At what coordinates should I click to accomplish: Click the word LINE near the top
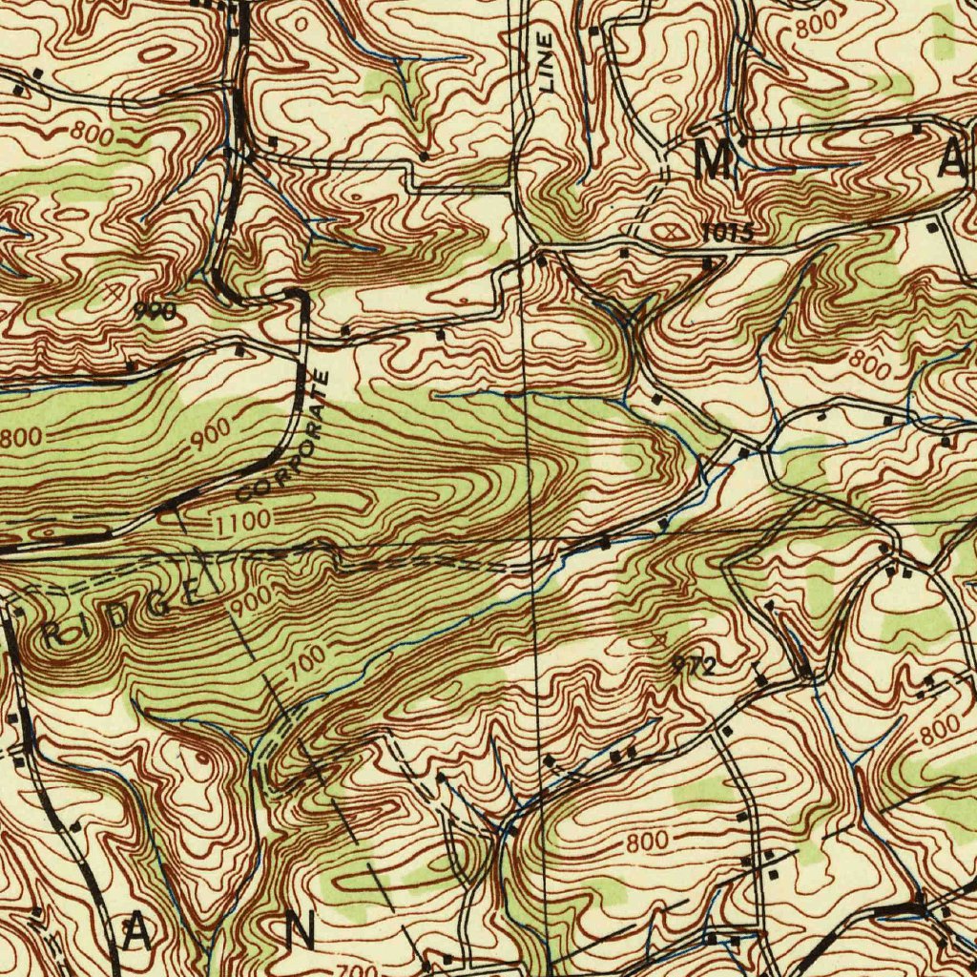[546, 62]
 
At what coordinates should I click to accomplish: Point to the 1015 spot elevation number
[728, 232]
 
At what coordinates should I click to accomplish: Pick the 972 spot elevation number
[694, 667]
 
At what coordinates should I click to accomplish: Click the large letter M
[716, 159]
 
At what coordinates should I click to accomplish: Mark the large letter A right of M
[955, 159]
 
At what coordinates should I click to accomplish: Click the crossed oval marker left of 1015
[666, 231]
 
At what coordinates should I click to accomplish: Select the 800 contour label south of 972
[647, 843]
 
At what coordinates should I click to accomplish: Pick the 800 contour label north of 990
[94, 135]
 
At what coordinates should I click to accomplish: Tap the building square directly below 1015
[708, 262]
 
